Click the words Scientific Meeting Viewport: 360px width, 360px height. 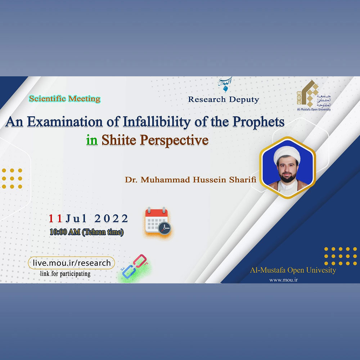coord(65,99)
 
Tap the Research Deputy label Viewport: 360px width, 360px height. coord(224,99)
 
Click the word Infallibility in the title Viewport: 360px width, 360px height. coord(157,122)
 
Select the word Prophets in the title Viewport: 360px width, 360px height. coord(258,122)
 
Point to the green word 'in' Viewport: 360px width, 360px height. coord(92,140)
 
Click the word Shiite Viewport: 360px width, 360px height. coord(119,140)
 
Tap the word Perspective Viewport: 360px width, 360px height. coord(174,140)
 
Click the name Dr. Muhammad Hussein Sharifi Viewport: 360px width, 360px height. coord(190,180)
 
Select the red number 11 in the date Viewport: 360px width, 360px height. coord(55,219)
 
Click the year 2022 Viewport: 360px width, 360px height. coord(111,219)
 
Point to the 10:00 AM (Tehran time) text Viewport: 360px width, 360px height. coord(86,232)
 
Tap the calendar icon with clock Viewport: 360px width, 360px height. coord(158,221)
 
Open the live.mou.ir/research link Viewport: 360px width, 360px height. coord(71,263)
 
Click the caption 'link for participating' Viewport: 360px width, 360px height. coord(65,274)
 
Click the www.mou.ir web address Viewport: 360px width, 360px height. coord(284,280)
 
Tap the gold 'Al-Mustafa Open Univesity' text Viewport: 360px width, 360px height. coord(293,270)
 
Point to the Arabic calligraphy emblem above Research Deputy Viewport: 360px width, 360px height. coord(225,84)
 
